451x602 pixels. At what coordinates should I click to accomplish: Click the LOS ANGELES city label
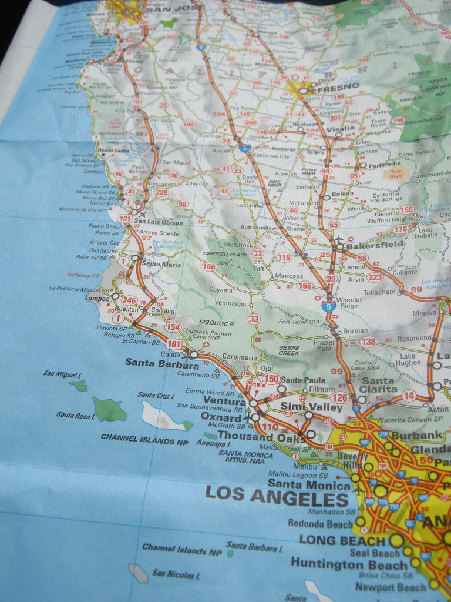(277, 498)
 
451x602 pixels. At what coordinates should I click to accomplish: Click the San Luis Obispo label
(159, 223)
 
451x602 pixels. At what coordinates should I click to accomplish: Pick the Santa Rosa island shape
(109, 410)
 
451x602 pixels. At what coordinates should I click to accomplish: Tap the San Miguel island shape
(78, 386)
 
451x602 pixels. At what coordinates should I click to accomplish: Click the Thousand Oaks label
(261, 436)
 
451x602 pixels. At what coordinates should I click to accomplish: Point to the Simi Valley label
(303, 407)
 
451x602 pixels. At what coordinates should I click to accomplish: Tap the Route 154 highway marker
(173, 327)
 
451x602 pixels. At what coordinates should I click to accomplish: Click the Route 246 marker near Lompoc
(129, 301)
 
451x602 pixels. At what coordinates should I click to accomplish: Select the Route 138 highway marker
(368, 342)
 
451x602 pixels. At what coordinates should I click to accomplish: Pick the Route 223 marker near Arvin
(375, 277)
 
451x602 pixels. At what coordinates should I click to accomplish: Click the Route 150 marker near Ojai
(270, 379)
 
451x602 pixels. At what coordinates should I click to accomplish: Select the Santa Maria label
(161, 265)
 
